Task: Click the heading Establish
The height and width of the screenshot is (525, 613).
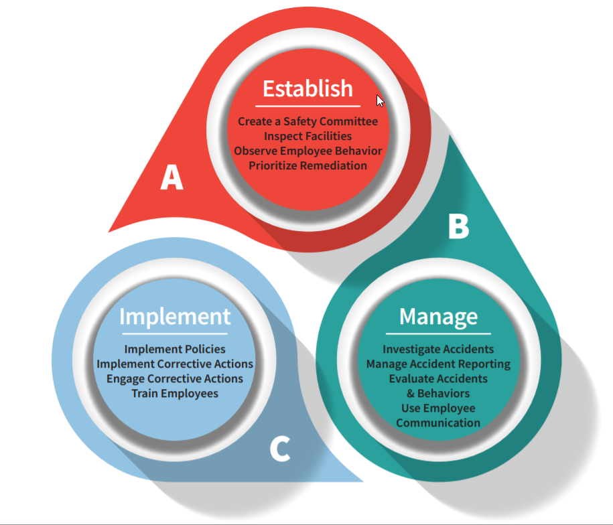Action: [308, 88]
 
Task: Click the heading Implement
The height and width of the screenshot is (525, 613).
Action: [175, 316]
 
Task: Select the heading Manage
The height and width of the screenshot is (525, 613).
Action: [438, 316]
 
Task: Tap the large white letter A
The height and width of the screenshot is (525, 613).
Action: [172, 178]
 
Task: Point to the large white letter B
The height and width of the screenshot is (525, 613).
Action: [458, 226]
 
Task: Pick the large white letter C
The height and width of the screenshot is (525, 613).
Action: [280, 449]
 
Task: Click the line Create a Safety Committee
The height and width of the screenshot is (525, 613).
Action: [308, 121]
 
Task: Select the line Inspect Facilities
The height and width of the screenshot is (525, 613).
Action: [308, 136]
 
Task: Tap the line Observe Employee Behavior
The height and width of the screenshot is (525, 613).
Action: [308, 151]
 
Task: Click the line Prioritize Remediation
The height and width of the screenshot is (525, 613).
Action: [308, 165]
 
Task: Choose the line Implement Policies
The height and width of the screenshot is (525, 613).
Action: [175, 349]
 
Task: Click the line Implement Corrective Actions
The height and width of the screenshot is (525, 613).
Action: [175, 364]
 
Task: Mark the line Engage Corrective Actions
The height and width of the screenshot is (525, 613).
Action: [175, 378]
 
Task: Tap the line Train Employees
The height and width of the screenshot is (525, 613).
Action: [175, 393]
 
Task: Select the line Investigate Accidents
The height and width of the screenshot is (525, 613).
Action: [438, 349]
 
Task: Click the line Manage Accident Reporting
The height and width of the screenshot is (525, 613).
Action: [438, 364]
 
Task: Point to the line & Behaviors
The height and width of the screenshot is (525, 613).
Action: [438, 393]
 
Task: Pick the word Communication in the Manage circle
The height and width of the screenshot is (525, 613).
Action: [438, 423]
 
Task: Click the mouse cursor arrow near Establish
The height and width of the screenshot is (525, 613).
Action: [380, 100]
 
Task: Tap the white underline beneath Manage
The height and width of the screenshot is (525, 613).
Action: [438, 333]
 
